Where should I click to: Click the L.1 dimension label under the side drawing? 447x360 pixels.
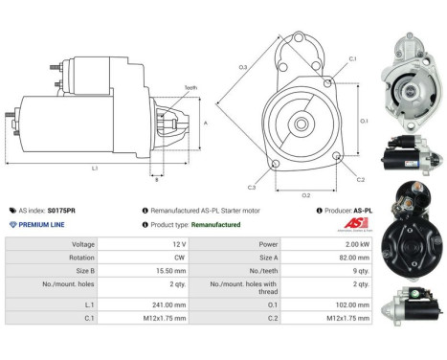point(95,169)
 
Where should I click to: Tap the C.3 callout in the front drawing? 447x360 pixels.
point(251,186)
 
